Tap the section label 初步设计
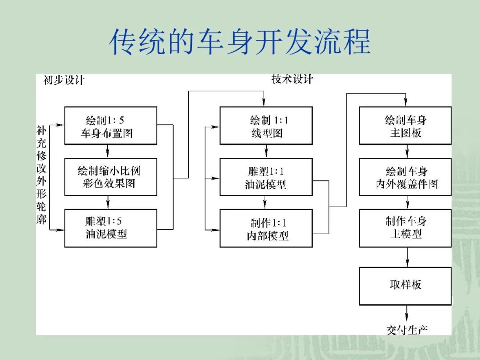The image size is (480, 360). pyautogui.click(x=64, y=80)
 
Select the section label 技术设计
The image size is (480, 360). pyautogui.click(x=292, y=79)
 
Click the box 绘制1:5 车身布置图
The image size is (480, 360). pyautogui.click(x=111, y=125)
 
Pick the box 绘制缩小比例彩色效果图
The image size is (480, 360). pyautogui.click(x=111, y=177)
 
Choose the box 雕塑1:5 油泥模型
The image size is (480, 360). pyautogui.click(x=111, y=228)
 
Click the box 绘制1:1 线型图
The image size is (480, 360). pyautogui.click(x=266, y=125)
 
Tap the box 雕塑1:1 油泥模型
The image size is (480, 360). pyautogui.click(x=266, y=177)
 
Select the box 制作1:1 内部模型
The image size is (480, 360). pyautogui.click(x=266, y=228)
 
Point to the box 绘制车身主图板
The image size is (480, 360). pyautogui.click(x=405, y=125)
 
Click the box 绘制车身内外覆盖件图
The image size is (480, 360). pyautogui.click(x=405, y=177)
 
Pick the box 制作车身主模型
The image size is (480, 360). pyautogui.click(x=405, y=228)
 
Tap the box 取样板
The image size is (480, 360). pyautogui.click(x=405, y=286)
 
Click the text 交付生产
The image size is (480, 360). pyautogui.click(x=407, y=330)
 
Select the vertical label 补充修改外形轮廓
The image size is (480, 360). pyautogui.click(x=41, y=175)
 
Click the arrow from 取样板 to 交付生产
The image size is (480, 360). pyautogui.click(x=407, y=313)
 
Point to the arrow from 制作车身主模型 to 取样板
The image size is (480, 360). pyautogui.click(x=407, y=257)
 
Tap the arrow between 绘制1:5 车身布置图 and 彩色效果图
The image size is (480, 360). pyautogui.click(x=108, y=151)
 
